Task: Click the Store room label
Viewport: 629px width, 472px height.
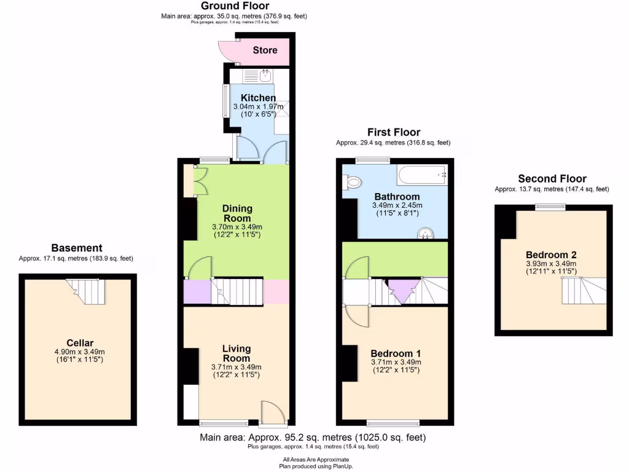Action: (x=265, y=50)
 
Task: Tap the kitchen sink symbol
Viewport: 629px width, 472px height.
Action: (x=265, y=76)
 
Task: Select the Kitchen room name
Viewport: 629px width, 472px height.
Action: (x=258, y=98)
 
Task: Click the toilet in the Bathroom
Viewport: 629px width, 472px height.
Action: (x=352, y=183)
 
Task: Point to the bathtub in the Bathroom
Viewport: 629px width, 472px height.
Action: (x=423, y=176)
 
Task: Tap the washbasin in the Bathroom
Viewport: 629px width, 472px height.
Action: (x=426, y=233)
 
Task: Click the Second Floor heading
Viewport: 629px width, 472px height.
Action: (x=552, y=179)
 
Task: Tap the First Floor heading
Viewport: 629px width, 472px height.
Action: (x=393, y=132)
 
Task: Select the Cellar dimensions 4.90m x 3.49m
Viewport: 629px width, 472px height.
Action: (x=80, y=352)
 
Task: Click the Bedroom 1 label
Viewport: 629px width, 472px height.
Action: (x=396, y=353)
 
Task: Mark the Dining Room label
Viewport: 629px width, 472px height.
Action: (x=236, y=213)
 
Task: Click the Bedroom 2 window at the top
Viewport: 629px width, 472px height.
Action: (x=550, y=207)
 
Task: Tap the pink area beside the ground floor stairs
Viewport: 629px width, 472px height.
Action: (x=276, y=291)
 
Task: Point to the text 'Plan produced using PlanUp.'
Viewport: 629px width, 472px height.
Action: (x=316, y=466)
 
